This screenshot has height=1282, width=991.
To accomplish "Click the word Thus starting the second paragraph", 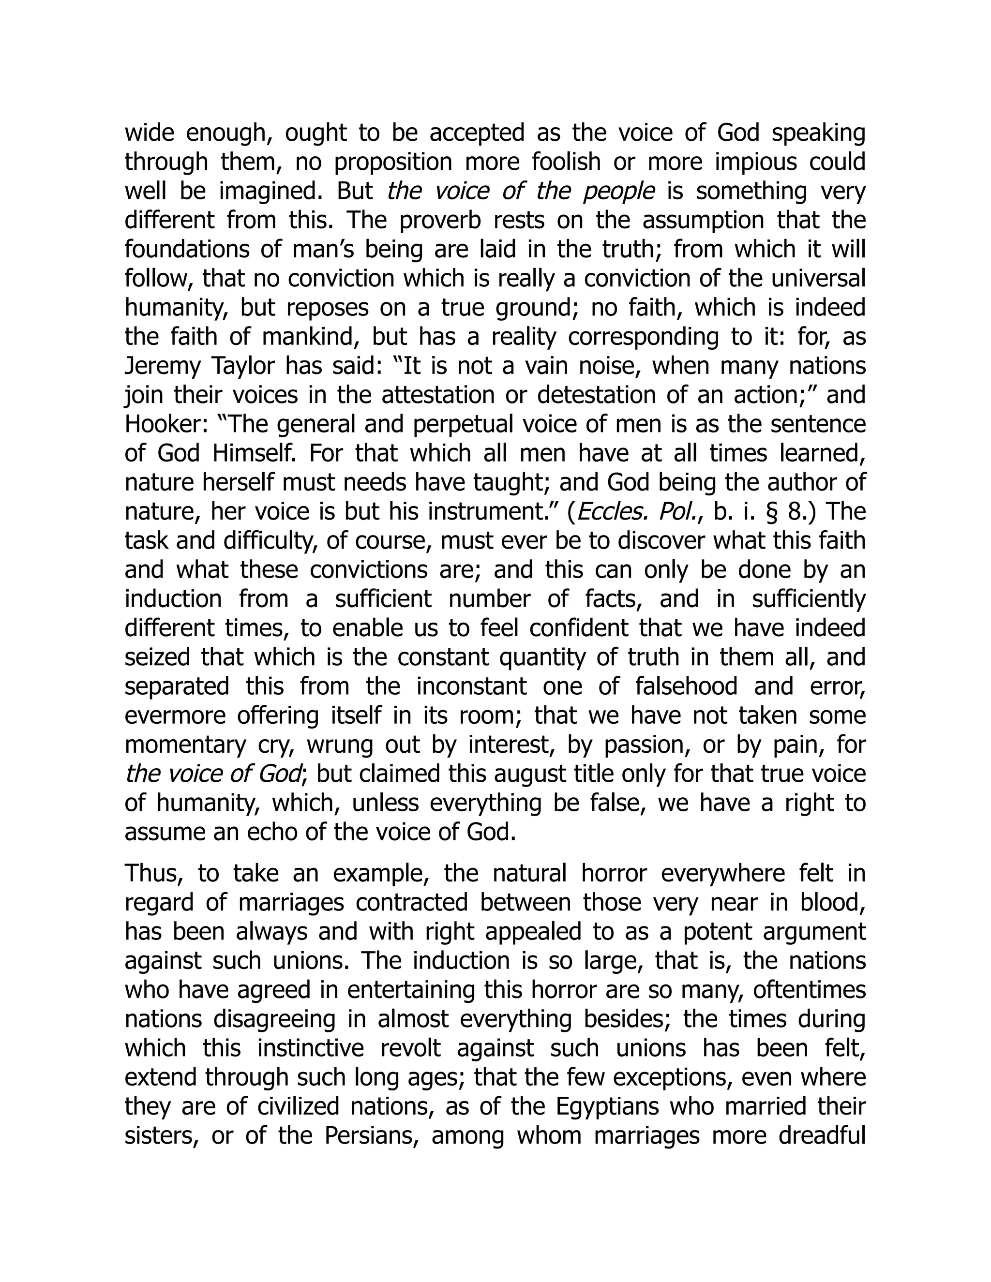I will [x=151, y=874].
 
